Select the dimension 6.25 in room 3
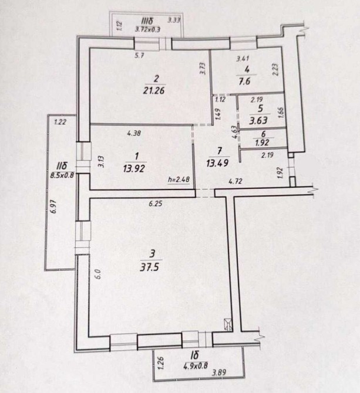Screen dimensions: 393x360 click(155, 203)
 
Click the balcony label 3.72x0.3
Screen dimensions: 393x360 click(145, 28)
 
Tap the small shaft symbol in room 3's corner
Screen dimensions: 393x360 click(228, 323)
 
